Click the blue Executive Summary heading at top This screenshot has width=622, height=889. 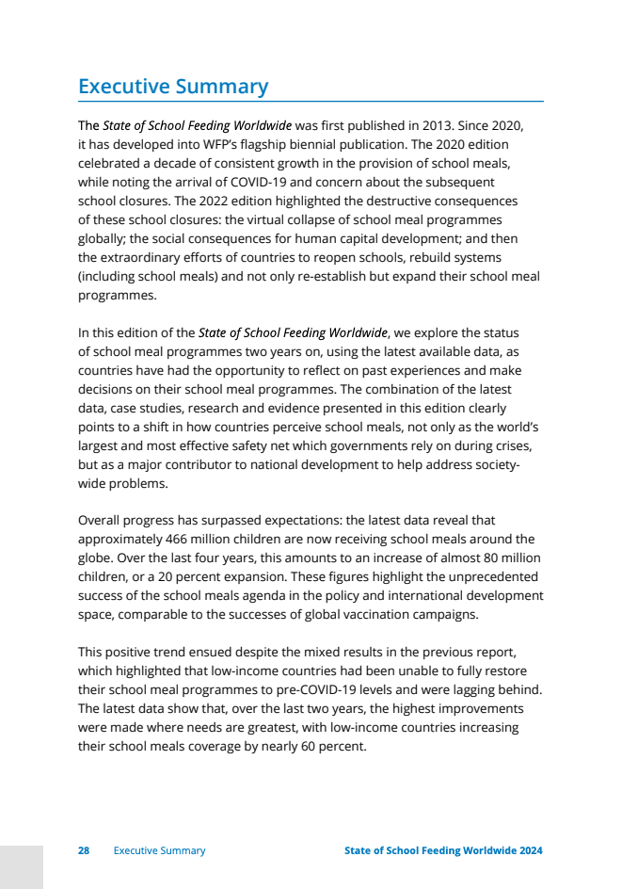click(x=173, y=87)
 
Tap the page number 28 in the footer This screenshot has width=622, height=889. click(x=84, y=850)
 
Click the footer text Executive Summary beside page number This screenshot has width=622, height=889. click(x=159, y=850)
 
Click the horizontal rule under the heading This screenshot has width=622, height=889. click(x=311, y=101)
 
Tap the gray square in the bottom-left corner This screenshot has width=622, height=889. click(x=22, y=867)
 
